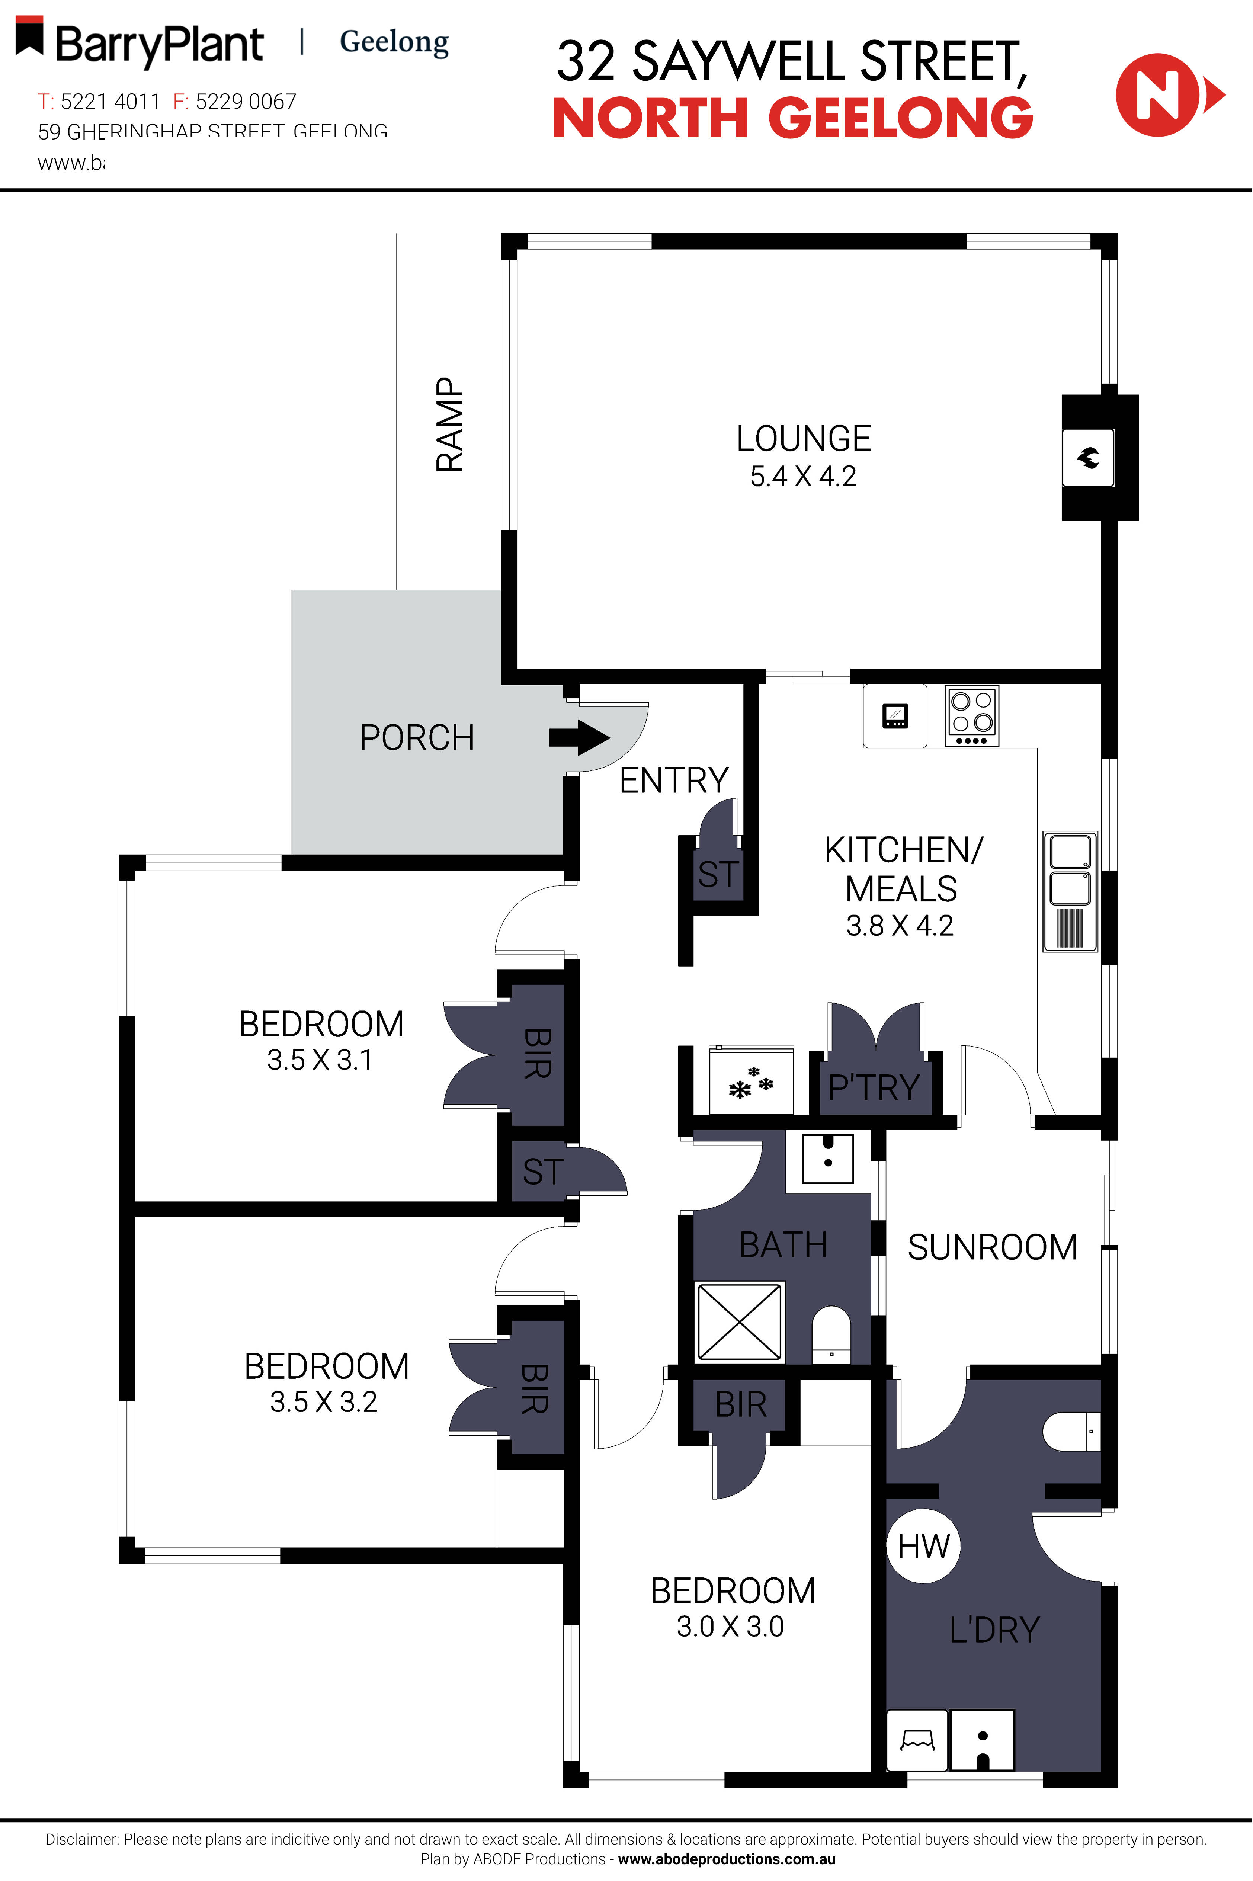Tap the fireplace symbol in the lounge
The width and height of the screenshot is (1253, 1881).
[1087, 458]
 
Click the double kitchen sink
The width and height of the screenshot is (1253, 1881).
[1070, 891]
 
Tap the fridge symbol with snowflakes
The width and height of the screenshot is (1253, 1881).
[751, 1081]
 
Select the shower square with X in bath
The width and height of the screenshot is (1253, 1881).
[740, 1321]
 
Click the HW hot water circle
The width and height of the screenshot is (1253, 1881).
[924, 1546]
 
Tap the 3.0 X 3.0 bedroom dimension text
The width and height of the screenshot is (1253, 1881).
[730, 1626]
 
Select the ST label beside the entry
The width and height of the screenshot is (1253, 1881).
[718, 874]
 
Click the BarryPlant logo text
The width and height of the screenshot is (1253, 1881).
[159, 45]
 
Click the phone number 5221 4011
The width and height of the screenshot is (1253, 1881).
[110, 102]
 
